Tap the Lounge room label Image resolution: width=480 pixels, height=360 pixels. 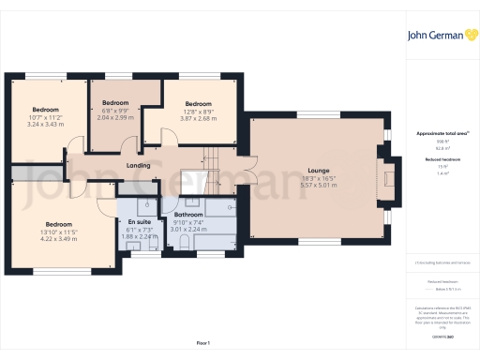point(312,171)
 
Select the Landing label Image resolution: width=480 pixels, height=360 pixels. point(139,167)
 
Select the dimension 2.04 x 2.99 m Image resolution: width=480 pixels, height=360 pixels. point(115,116)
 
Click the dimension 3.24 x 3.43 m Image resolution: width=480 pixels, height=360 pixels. point(45,124)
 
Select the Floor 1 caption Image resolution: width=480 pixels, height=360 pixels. point(202,344)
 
